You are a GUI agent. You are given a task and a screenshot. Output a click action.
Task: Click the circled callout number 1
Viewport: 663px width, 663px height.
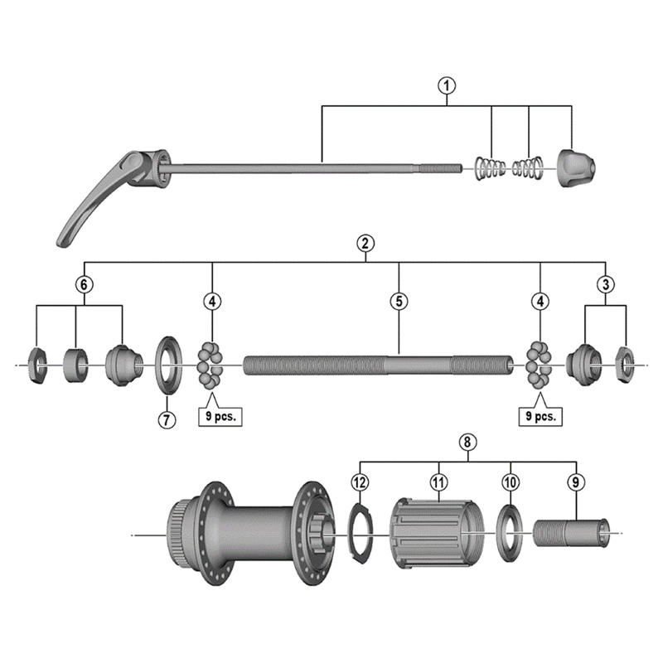tap(448, 86)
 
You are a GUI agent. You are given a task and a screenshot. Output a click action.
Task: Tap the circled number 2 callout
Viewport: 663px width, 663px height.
tap(365, 244)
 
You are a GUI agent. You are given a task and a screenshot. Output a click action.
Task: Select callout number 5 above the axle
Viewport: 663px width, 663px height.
tap(399, 302)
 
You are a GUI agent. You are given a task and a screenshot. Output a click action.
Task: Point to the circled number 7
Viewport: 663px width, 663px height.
tap(167, 419)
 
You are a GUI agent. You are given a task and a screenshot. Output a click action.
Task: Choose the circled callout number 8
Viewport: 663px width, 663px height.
tap(468, 443)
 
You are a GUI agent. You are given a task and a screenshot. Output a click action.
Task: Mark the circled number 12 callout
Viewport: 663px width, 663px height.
tap(359, 482)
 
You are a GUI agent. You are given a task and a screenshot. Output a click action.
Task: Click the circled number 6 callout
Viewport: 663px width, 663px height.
tap(83, 283)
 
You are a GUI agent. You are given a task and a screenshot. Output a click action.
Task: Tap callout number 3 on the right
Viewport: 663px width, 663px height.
tap(606, 283)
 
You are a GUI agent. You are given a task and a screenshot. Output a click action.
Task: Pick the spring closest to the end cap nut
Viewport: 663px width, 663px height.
tap(527, 168)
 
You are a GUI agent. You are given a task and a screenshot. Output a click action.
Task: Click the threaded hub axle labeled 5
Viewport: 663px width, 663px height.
tap(373, 365)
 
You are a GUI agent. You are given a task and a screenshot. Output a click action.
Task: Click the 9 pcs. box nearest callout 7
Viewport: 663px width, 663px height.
tap(220, 417)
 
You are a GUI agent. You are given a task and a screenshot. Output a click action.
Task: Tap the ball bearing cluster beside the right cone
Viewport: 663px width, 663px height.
tap(540, 364)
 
